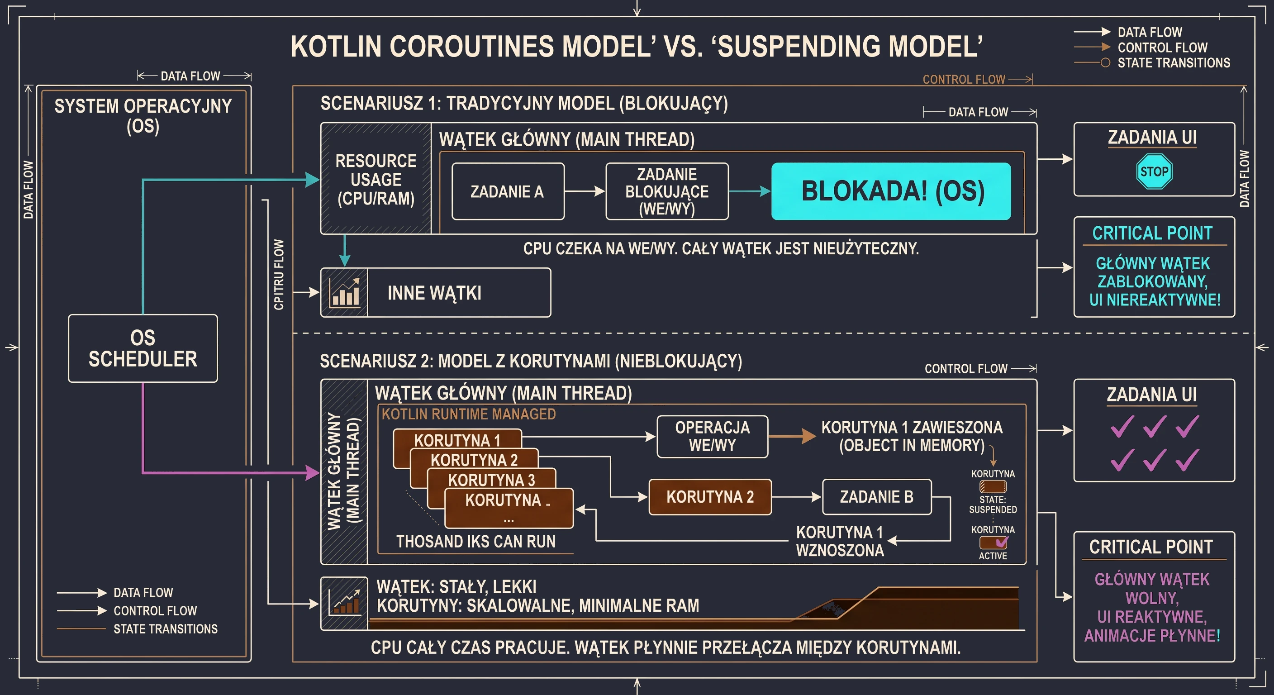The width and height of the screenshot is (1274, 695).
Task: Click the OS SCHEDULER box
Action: point(143,348)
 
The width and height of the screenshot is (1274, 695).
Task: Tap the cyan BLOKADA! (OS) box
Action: point(891,191)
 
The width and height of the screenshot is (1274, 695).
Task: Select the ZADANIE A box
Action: point(508,191)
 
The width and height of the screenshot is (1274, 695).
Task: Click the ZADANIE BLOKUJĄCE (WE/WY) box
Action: point(667,191)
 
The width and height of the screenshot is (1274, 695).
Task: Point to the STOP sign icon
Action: point(1154,171)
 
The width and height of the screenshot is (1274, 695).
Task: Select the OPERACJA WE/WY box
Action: point(713,436)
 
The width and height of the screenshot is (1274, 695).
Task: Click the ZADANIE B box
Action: point(877,497)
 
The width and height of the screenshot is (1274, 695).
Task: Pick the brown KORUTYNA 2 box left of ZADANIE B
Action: point(710,497)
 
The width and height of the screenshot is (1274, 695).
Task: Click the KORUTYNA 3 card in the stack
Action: point(491,479)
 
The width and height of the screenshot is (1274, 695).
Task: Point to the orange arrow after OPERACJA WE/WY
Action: point(792,436)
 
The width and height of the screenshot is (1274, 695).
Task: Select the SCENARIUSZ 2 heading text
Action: point(531,361)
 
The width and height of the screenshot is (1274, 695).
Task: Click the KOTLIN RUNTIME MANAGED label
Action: point(468,414)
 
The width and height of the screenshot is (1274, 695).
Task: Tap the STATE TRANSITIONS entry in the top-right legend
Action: point(1174,63)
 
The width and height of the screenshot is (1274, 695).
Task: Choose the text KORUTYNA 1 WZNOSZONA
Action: point(840,541)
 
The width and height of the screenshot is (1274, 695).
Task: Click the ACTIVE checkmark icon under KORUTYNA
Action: point(993,543)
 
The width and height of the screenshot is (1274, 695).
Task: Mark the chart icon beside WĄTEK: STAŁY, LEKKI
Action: point(345,603)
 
